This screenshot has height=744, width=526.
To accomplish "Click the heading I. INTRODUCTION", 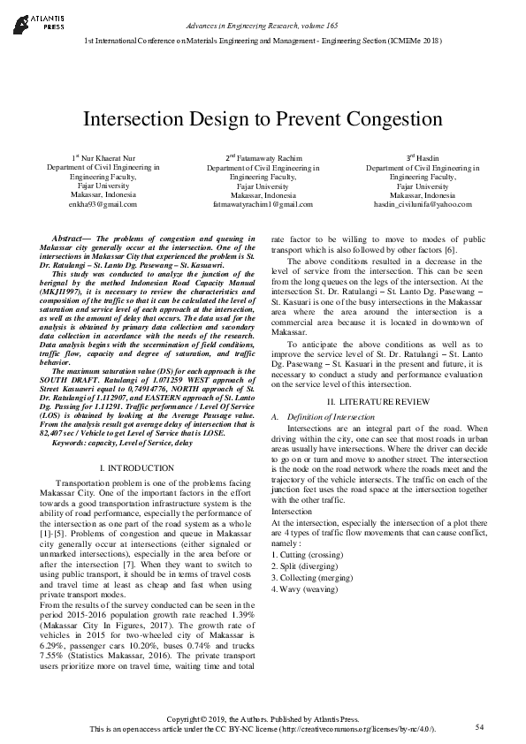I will pos(137,467).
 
